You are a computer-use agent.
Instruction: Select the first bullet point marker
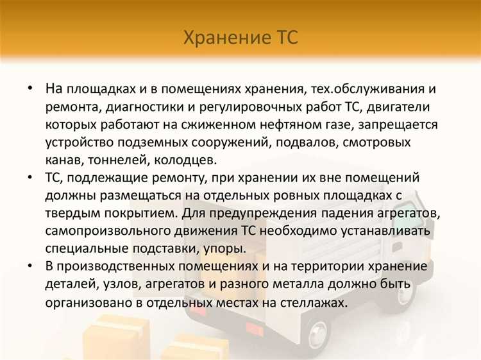tap(30, 87)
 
